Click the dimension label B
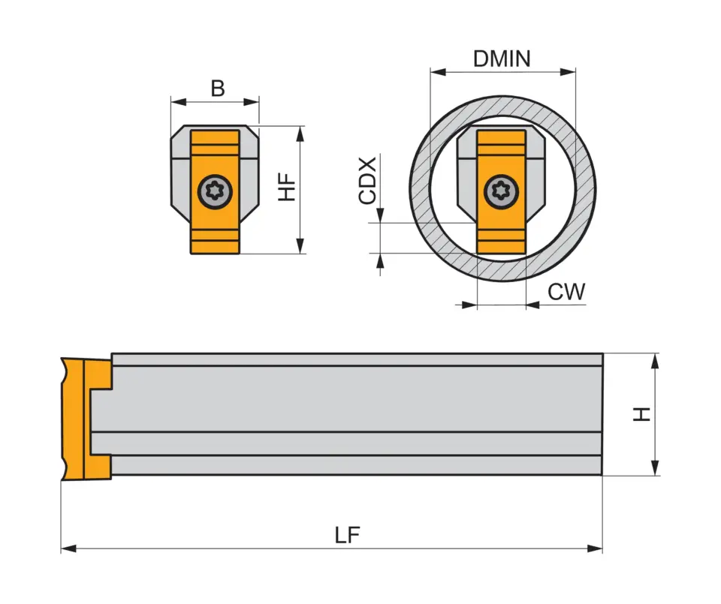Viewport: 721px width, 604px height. [217, 89]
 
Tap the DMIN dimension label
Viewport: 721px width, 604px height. [502, 59]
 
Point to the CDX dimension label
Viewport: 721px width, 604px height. [367, 181]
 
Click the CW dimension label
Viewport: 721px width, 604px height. [566, 292]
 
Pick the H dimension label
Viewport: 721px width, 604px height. [641, 414]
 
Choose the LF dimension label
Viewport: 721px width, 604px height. [347, 535]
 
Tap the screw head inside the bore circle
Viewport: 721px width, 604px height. [501, 192]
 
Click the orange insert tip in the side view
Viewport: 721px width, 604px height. [75, 420]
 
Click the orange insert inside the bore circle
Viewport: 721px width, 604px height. [501, 233]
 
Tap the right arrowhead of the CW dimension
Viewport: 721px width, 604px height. [532, 304]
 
